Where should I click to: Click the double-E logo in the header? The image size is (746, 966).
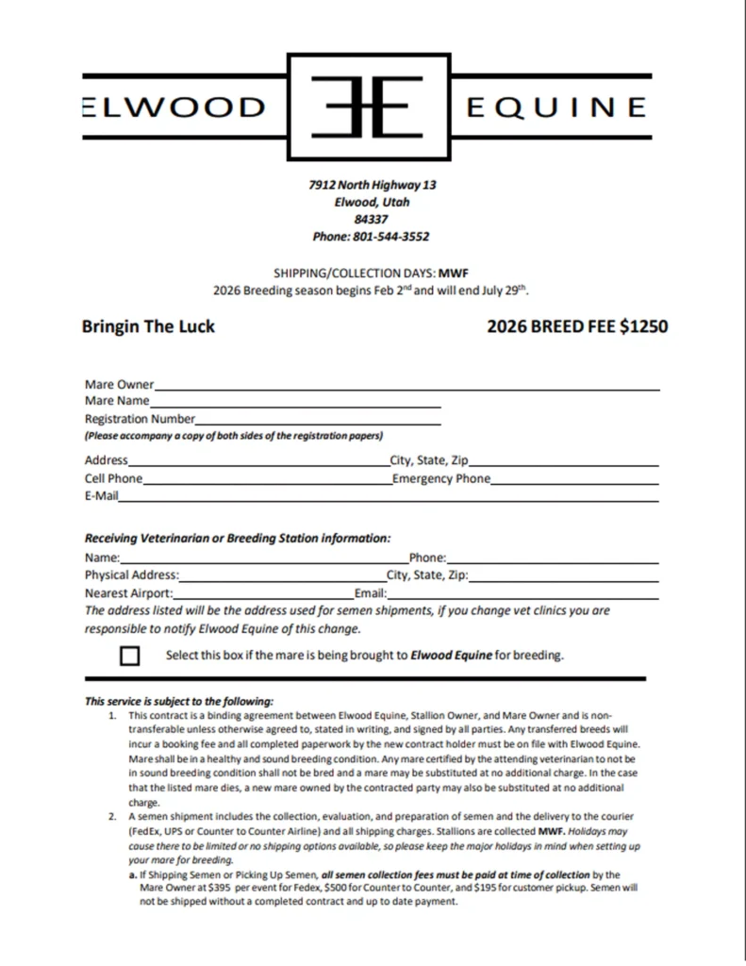pos(371,106)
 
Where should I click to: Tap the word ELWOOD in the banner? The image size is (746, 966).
pos(174,107)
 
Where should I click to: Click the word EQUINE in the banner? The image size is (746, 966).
pos(556,107)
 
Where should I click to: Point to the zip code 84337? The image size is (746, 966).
pos(372,219)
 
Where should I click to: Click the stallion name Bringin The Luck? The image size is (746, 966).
pos(148,326)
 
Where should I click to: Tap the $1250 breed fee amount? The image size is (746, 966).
pos(643,326)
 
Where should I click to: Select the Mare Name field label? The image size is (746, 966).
pos(117,401)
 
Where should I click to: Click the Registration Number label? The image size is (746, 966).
pos(140,418)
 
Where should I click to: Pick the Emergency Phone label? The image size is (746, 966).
pos(441,478)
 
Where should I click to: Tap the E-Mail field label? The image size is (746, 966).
pos(101,495)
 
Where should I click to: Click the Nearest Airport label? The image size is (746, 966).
pos(128,593)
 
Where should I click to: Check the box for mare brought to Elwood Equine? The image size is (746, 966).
pos(130,656)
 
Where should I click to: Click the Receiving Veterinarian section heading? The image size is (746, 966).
pos(237,539)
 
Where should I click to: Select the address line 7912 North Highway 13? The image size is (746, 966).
pos(372,185)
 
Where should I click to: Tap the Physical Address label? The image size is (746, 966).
pos(131,575)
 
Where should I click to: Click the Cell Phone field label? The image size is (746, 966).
pos(113,478)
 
